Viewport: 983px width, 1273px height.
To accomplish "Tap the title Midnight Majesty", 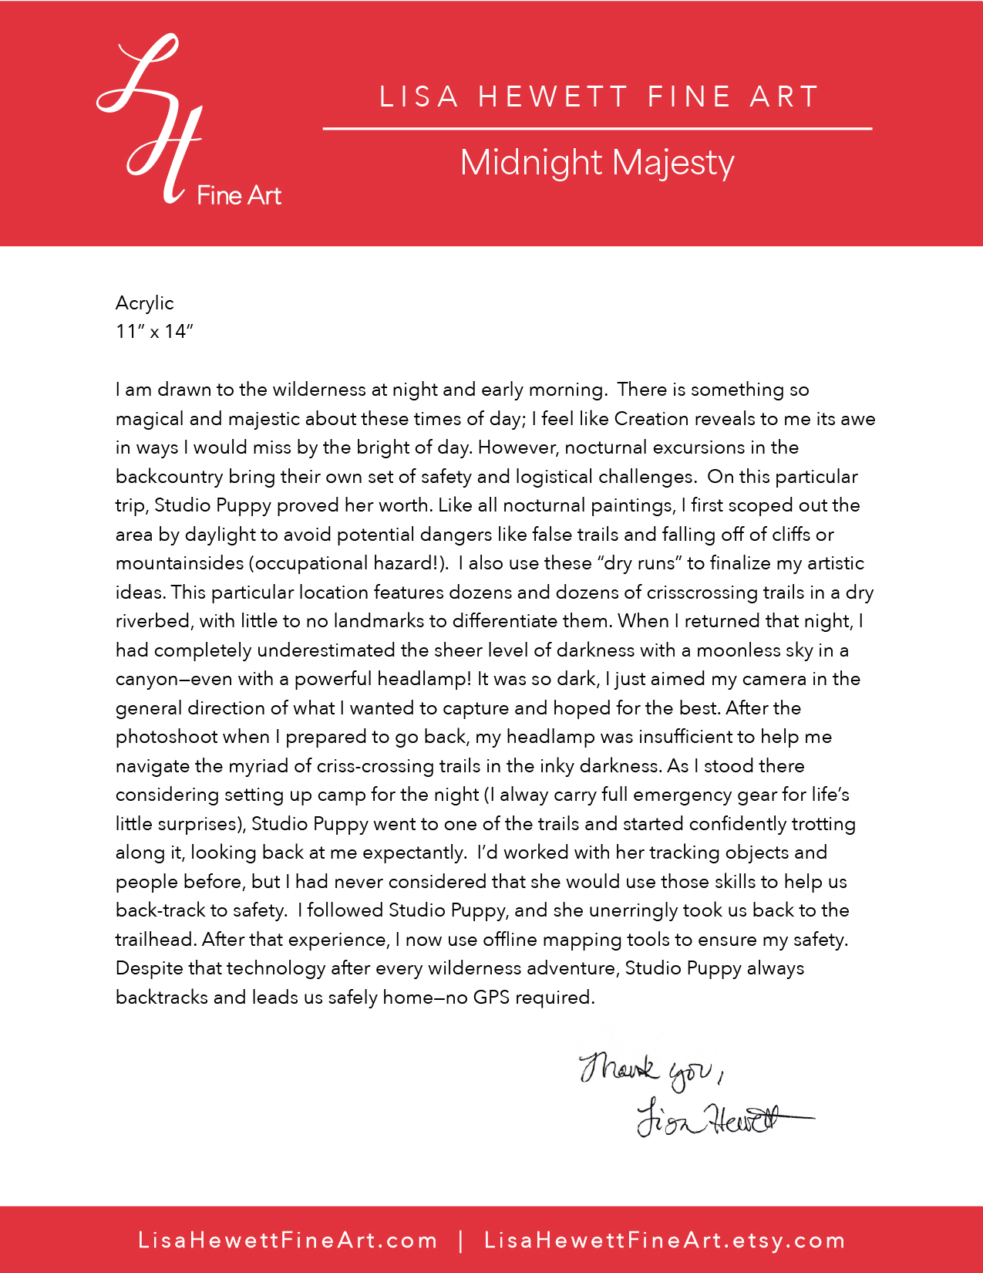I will pos(597,163).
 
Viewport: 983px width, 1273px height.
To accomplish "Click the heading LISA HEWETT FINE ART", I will pos(598,97).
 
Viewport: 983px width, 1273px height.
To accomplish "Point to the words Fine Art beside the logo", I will pos(239,196).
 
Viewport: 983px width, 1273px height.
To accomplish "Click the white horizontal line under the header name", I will pos(597,129).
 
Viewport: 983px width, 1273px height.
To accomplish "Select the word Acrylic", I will pos(145,303).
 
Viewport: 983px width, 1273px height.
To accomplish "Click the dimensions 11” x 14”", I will pos(154,332).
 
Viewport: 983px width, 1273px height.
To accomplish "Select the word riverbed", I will pos(152,621).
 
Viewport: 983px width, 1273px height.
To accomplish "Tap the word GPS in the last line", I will pos(491,998).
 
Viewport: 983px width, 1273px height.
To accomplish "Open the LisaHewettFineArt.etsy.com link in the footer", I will pos(665,1241).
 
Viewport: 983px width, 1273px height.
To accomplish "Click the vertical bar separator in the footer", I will pos(461,1241).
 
